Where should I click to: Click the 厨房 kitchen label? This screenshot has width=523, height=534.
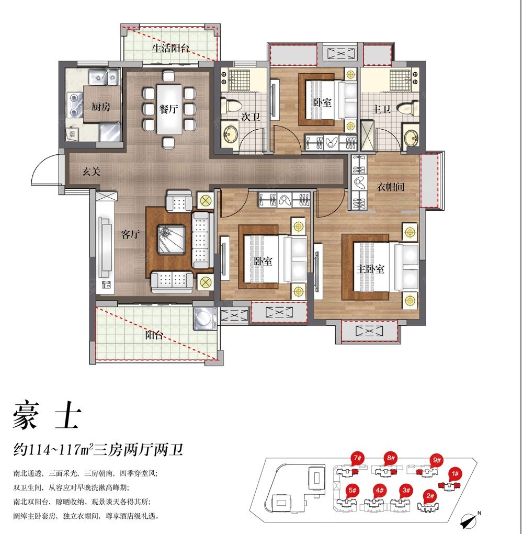pos(101,107)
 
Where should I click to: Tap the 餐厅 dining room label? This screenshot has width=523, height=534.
pos(169,109)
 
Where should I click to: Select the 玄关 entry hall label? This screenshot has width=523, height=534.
pos(92,172)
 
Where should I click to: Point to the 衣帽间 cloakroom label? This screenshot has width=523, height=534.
pos(391,187)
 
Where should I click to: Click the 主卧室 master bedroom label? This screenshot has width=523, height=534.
pos(370,269)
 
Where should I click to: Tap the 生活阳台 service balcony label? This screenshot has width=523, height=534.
pos(170,48)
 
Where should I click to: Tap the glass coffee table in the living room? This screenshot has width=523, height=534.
pos(171,240)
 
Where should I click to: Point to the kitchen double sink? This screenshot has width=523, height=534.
pos(104,77)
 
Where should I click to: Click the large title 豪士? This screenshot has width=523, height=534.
pos(47,415)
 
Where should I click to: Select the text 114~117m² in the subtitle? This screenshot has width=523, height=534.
pos(60,450)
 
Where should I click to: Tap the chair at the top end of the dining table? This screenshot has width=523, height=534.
pos(168,76)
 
